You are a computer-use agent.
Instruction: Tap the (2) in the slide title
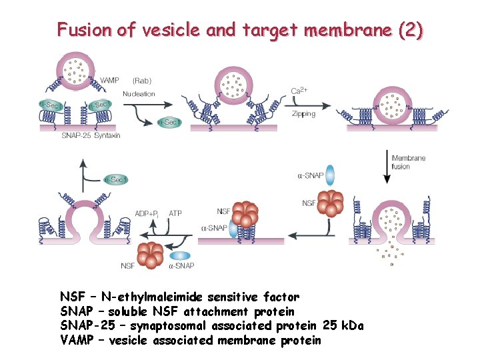[409, 30]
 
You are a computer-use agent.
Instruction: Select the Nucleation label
[139, 94]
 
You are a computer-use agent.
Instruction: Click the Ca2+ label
[299, 91]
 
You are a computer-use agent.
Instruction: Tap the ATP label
[175, 213]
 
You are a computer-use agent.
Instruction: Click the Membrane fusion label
[409, 162]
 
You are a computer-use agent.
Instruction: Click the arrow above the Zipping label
[310, 104]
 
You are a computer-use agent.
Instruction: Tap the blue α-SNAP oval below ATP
[180, 255]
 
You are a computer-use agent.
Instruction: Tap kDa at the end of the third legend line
[351, 326]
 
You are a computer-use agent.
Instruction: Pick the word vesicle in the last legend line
[124, 341]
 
